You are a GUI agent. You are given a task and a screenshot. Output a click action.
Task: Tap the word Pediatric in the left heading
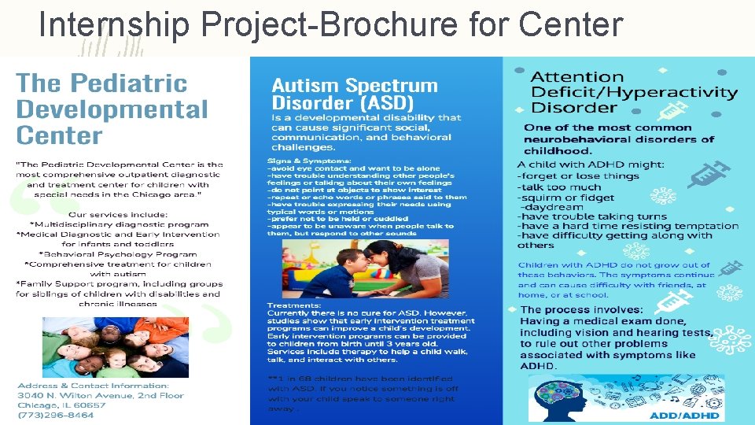click(129, 83)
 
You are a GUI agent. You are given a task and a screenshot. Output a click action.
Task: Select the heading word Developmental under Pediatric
click(112, 109)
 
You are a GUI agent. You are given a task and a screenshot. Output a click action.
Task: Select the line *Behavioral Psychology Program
click(120, 254)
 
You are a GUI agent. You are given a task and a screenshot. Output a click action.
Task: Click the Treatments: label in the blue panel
click(294, 305)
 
